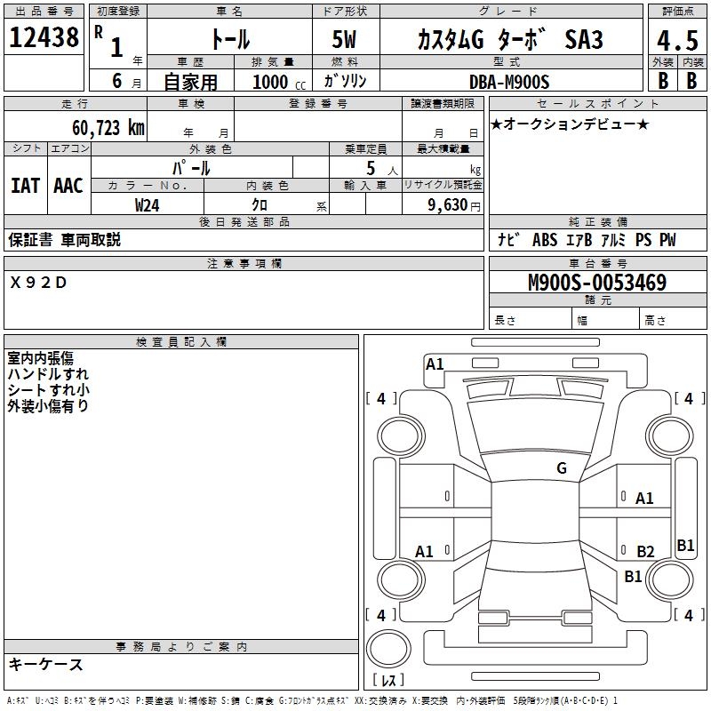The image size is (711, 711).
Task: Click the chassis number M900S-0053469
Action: [x=597, y=283]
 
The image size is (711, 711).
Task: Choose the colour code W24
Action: [x=148, y=204]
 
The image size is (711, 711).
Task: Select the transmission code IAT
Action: [x=25, y=185]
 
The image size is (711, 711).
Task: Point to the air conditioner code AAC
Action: [x=68, y=185]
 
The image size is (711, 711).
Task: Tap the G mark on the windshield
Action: [x=561, y=468]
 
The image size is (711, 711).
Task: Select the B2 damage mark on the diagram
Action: [x=645, y=552]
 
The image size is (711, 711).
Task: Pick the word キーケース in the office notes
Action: [x=45, y=664]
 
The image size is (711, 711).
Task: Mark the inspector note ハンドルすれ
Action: [x=48, y=374]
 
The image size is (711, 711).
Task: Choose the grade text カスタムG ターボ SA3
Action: [x=509, y=40]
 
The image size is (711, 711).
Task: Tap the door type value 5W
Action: [x=346, y=40]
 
